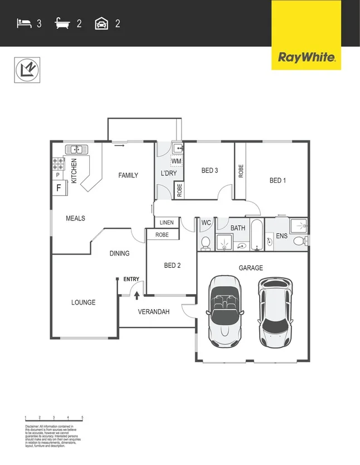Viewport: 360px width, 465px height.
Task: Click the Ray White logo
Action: coord(306,57)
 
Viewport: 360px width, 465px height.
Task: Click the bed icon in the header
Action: coord(24,23)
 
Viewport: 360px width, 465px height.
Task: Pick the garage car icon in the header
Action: coord(101,23)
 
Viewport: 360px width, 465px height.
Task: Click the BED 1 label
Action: coord(278,180)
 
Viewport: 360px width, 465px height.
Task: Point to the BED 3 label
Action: coord(209,170)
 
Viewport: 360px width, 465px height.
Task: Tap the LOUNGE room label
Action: coord(83,302)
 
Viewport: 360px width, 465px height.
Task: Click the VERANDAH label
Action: coord(153,312)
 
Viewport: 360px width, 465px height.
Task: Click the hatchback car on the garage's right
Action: coord(275,311)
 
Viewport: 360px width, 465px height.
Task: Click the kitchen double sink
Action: coord(74,149)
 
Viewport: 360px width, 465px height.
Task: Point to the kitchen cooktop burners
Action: coord(58,164)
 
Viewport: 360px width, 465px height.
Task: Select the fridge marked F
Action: coord(59,188)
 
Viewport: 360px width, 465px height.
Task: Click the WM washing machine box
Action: coord(176,161)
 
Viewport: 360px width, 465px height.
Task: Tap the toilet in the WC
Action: coord(205,242)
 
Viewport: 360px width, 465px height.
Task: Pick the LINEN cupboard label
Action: coord(167,223)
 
